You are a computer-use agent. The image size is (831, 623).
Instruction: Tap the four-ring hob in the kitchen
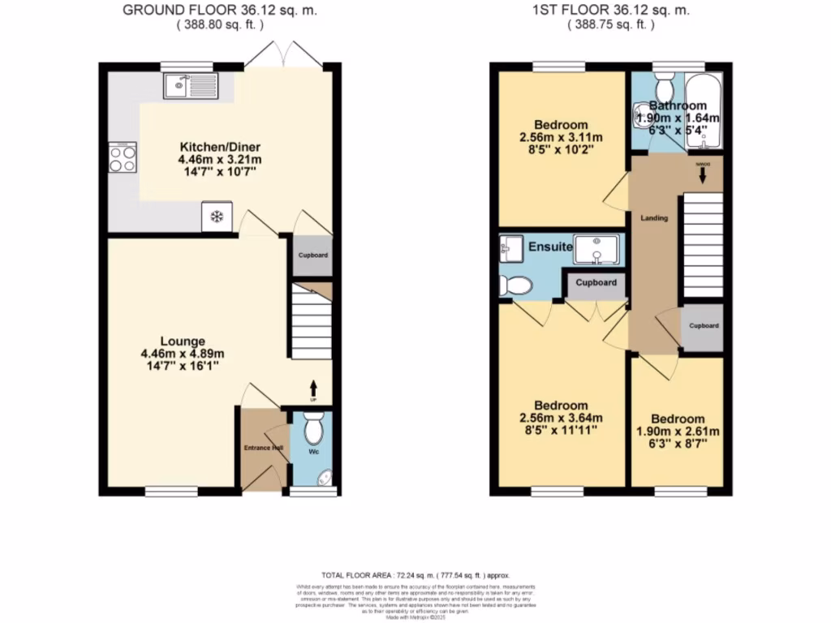123,157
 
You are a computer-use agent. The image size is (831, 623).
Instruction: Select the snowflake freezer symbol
217,217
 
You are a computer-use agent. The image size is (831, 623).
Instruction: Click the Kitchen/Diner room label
209,147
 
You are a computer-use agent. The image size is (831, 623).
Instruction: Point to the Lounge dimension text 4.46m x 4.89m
183,354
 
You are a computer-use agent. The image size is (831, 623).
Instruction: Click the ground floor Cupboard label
313,256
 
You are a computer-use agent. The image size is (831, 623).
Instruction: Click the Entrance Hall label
263,448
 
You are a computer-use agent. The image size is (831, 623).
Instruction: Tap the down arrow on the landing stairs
702,174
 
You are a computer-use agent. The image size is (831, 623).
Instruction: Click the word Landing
653,218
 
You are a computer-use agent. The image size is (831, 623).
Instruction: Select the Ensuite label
551,247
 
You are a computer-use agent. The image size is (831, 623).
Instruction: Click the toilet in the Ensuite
515,285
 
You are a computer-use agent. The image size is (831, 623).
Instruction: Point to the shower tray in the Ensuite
598,250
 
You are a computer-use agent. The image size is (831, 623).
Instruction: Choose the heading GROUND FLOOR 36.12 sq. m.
219,11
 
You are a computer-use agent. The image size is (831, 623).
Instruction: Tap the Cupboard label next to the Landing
704,325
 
